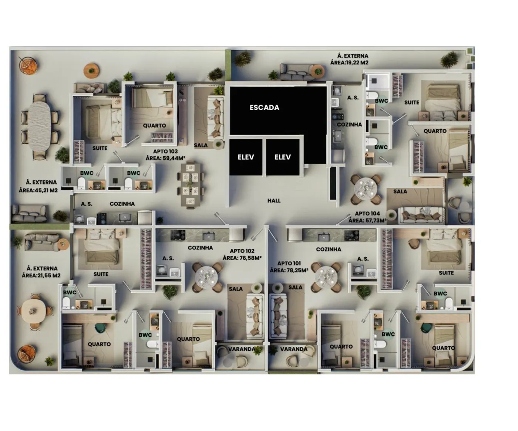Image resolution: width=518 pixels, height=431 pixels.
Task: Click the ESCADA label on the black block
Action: click(x=264, y=107)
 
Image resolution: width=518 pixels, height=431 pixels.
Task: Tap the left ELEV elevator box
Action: click(x=246, y=157)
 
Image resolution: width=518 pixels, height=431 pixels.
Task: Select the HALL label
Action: click(x=274, y=200)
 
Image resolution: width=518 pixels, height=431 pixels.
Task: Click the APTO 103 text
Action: click(x=165, y=151)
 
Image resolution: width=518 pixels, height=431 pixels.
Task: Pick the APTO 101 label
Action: click(x=289, y=263)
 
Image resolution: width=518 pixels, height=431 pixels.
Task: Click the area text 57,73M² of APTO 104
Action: click(x=374, y=220)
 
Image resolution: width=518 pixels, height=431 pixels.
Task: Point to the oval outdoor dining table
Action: click(x=40, y=126)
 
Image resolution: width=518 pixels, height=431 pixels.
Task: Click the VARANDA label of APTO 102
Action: click(x=242, y=349)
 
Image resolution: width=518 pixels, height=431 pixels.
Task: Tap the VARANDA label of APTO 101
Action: click(x=294, y=349)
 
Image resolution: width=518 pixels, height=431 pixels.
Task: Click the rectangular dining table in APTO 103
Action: click(x=190, y=184)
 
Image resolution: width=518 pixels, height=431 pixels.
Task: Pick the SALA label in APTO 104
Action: click(x=400, y=191)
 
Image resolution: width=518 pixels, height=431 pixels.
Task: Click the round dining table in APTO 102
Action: click(x=206, y=277)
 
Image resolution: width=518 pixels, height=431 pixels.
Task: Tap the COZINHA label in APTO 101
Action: click(x=329, y=250)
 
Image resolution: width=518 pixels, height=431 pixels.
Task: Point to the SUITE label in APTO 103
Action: click(x=100, y=148)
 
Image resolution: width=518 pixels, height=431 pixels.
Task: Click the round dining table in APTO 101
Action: click(x=326, y=277)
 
